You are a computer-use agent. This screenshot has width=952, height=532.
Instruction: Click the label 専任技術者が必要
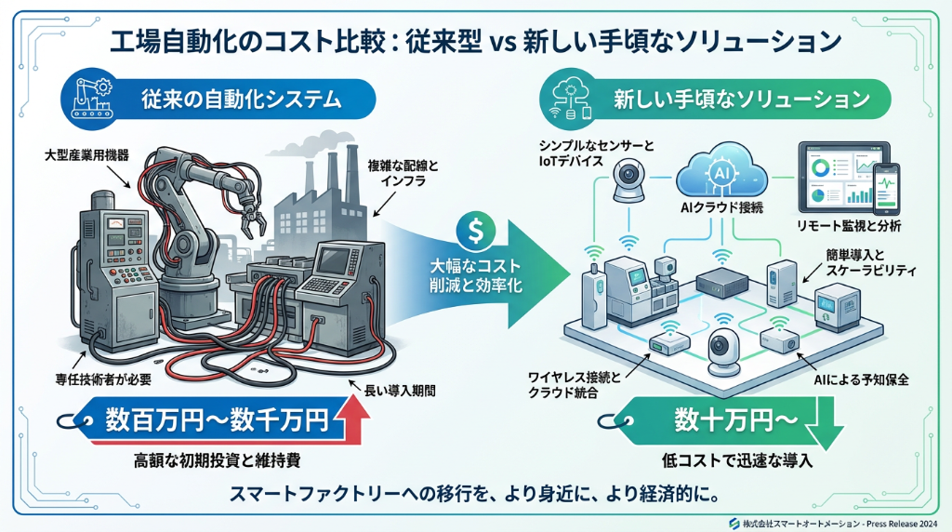click(x=101, y=379)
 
